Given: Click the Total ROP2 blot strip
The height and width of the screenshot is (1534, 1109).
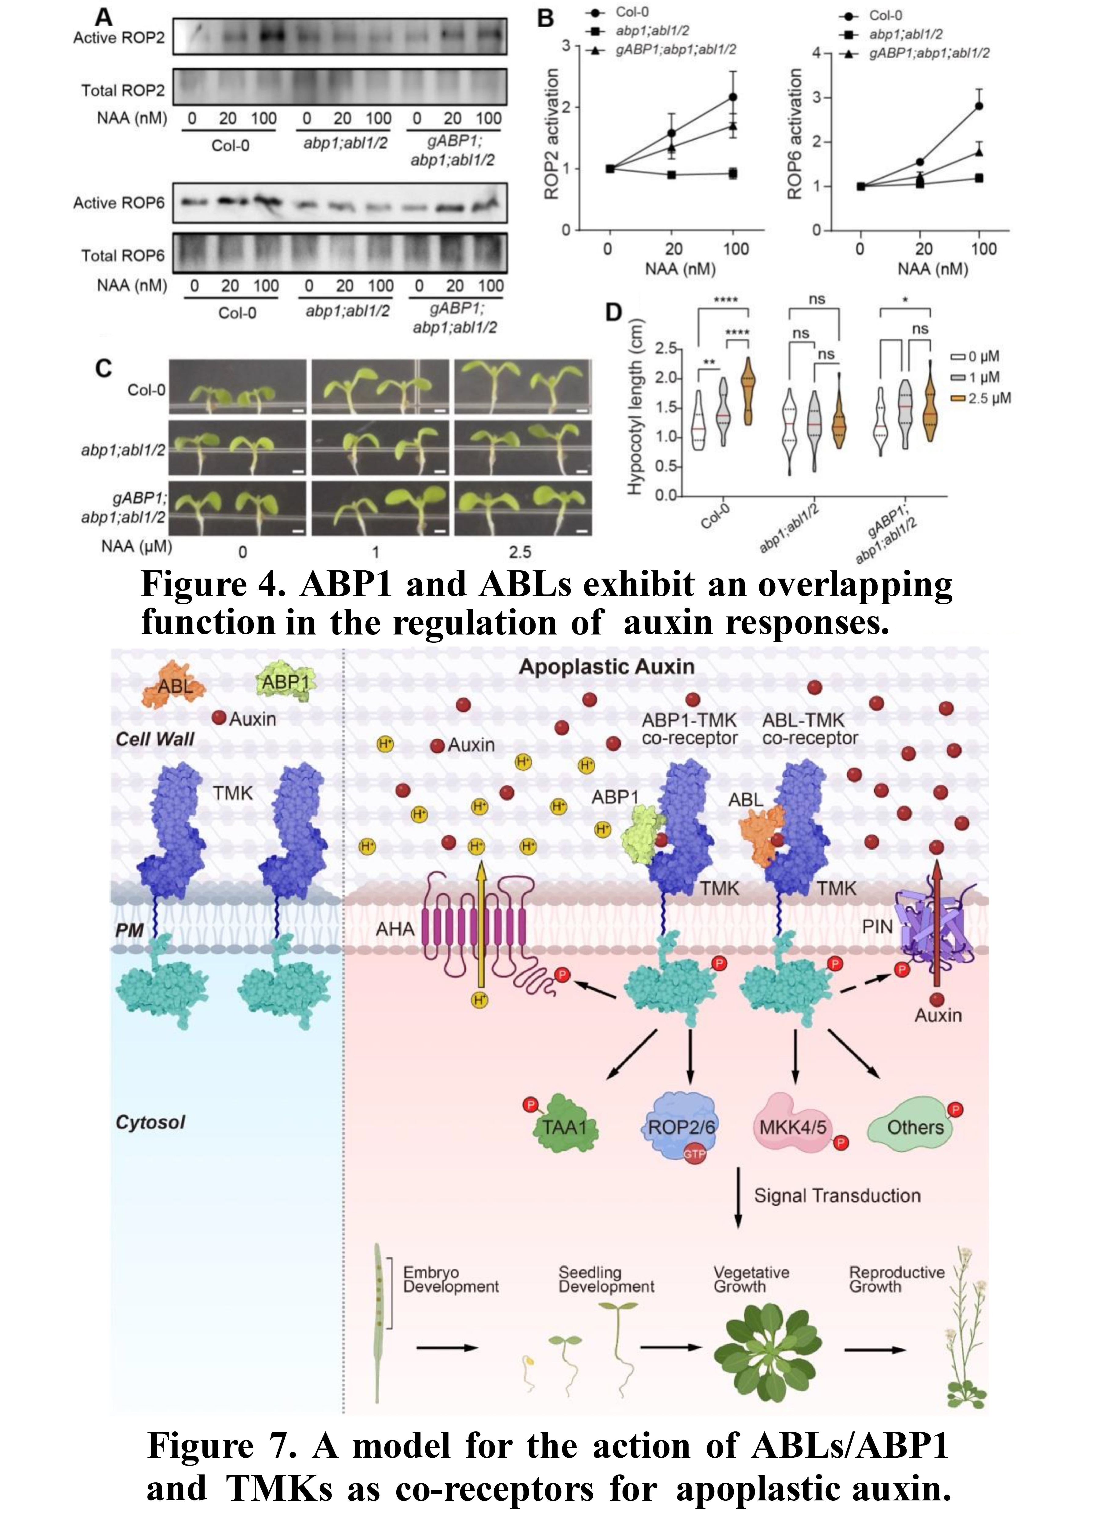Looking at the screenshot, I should tap(340, 87).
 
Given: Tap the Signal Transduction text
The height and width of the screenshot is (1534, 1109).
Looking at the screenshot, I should tap(837, 1196).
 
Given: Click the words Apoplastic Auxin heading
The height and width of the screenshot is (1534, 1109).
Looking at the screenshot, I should tap(607, 667).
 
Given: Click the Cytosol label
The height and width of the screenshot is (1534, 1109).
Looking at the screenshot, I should tap(150, 1122).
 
